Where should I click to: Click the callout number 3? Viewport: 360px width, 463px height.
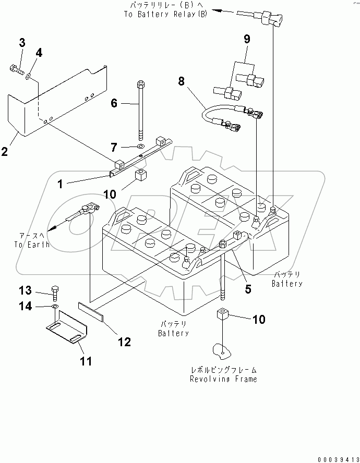coord(22,43)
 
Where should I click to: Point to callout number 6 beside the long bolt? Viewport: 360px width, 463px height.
coord(114,103)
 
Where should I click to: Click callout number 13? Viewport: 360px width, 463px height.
coord(26,290)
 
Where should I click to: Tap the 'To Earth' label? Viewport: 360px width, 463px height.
coord(32,244)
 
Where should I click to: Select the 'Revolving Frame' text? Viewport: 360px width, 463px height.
coord(223,379)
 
